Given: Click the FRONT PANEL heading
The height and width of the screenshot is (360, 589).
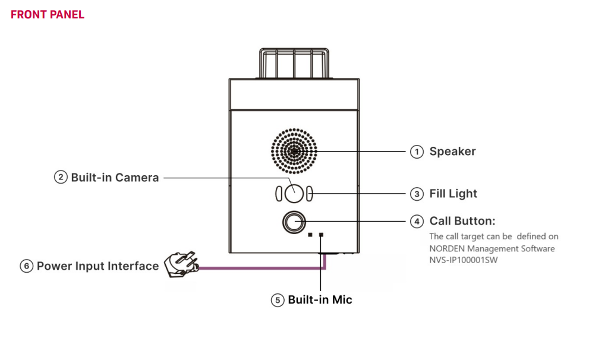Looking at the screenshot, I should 48,15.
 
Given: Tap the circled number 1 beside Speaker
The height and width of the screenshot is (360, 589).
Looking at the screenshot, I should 417,151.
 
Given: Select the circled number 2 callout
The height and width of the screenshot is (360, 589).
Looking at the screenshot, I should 61,177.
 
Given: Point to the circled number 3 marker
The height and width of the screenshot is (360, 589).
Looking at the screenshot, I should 417,194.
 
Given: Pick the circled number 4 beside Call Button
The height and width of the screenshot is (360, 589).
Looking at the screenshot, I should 417,222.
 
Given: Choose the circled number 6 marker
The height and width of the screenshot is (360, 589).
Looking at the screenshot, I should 26,266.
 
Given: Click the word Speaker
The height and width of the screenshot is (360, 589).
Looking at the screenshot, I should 452,151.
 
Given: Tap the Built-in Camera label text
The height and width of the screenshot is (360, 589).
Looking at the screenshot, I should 115,177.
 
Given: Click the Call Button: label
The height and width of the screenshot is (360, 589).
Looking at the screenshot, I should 462,222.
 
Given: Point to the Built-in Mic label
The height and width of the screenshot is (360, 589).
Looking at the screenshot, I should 320,300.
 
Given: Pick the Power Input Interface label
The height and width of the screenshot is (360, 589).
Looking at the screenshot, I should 97,266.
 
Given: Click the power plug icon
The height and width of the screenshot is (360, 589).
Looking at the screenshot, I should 181,264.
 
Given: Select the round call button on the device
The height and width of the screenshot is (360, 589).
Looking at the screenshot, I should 294,222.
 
